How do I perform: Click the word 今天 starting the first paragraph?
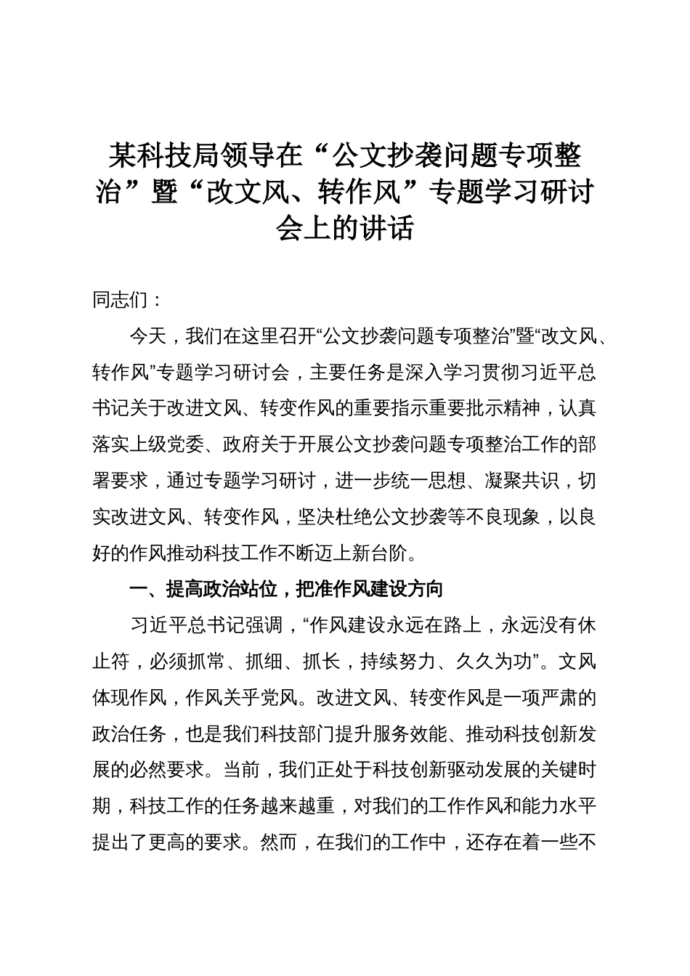click(x=148, y=336)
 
